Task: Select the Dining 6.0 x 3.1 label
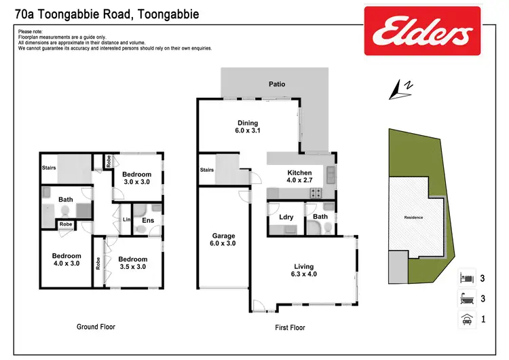coord(247,128)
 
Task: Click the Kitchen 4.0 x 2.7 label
coord(299,177)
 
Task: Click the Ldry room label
coord(286,217)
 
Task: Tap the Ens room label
coord(147,220)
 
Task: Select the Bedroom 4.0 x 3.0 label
coord(66,259)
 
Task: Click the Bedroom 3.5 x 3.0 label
coord(132,263)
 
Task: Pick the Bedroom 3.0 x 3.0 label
coord(137,178)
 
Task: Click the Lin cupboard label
coord(126,219)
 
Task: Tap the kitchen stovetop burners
coord(316,193)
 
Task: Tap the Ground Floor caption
coord(96,327)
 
